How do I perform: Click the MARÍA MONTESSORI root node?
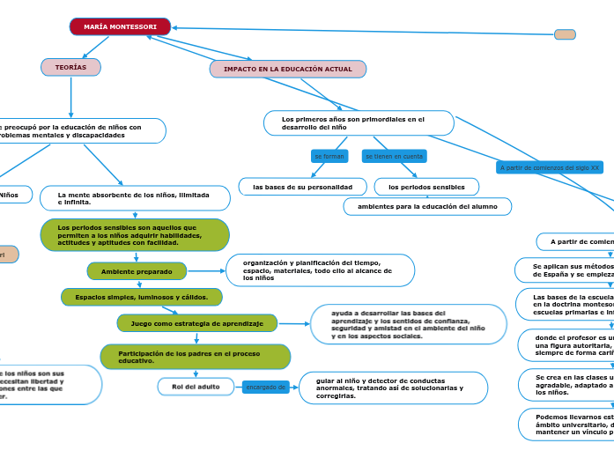(x=120, y=27)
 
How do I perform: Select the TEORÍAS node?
(x=70, y=67)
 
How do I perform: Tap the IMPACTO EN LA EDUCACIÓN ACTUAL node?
(x=287, y=69)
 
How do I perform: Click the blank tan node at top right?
(x=565, y=34)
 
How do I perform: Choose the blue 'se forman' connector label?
(x=329, y=156)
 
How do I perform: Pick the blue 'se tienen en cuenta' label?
(x=393, y=156)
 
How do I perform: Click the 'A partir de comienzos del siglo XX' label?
(x=549, y=167)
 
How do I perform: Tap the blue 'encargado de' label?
(x=265, y=387)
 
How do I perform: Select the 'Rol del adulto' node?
(x=196, y=387)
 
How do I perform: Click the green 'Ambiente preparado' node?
(x=137, y=271)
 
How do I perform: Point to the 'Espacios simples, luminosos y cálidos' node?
(x=141, y=297)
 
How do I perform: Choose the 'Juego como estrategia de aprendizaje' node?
(x=196, y=323)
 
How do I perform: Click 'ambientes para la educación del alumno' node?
(x=427, y=206)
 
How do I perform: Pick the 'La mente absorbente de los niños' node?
(x=135, y=198)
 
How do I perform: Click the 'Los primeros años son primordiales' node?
(x=359, y=123)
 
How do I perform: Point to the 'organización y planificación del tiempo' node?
(x=320, y=270)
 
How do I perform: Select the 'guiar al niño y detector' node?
(x=393, y=388)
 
